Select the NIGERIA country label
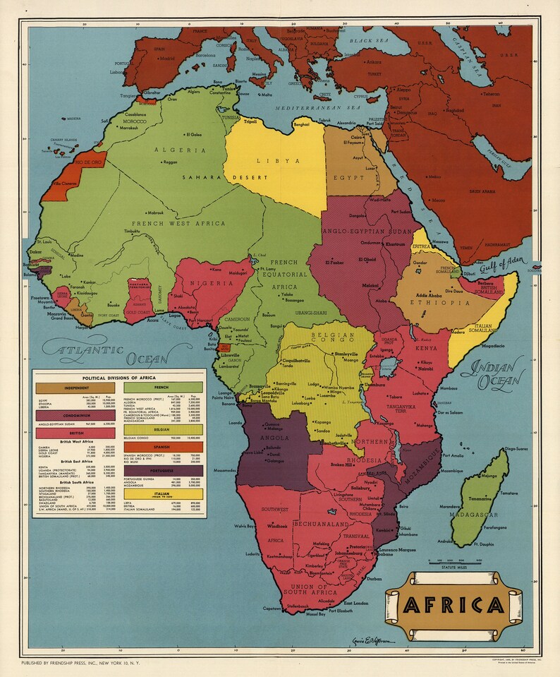209,283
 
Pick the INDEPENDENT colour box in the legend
75,388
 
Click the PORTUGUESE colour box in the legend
163,469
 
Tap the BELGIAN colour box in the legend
163,429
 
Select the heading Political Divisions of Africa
118,378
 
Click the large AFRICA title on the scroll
454,606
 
